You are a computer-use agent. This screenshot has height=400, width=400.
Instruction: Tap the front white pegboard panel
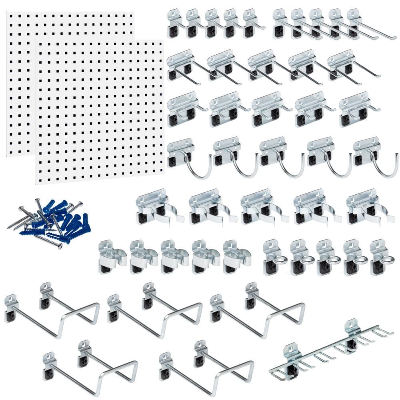100,112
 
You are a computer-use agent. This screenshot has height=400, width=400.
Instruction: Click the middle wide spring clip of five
262,208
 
